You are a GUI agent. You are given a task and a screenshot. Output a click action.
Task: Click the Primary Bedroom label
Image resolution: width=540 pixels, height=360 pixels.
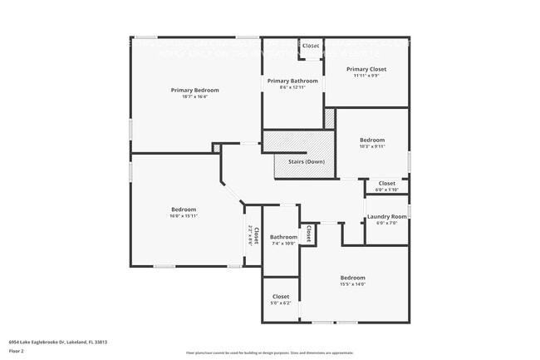click(194, 90)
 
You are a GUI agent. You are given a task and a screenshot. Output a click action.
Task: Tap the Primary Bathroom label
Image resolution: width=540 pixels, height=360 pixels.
click(292, 81)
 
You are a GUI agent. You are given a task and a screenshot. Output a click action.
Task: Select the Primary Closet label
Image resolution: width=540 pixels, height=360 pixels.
click(366, 69)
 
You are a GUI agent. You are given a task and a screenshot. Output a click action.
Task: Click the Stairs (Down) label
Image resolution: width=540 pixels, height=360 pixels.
click(306, 161)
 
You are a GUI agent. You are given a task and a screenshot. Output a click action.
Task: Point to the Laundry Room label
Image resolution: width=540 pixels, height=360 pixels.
click(387, 217)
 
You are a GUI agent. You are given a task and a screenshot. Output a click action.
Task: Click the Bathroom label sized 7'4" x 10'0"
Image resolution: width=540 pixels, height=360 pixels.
click(282, 237)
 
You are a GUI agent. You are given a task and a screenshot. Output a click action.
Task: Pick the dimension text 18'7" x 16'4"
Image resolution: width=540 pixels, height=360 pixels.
click(194, 96)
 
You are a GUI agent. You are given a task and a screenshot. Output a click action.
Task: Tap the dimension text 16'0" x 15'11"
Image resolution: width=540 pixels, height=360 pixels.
click(184, 215)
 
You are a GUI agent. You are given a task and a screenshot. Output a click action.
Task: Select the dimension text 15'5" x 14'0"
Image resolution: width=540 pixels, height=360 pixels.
click(352, 284)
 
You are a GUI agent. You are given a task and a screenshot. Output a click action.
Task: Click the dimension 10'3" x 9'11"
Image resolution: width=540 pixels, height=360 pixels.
click(372, 147)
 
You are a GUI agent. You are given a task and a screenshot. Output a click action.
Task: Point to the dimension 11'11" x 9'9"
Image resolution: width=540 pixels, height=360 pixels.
click(366, 76)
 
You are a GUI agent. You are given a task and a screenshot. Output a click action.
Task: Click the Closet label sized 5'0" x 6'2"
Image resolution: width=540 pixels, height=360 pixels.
click(281, 296)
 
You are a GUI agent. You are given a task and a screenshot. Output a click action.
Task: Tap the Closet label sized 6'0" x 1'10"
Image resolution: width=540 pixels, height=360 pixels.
click(387, 183)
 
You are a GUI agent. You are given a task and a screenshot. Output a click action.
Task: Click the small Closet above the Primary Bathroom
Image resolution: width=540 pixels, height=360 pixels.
click(311, 46)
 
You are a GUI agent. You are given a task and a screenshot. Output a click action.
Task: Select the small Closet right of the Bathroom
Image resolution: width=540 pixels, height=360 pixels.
click(308, 233)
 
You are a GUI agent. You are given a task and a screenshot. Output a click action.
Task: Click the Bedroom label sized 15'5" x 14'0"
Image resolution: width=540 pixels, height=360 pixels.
click(352, 278)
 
